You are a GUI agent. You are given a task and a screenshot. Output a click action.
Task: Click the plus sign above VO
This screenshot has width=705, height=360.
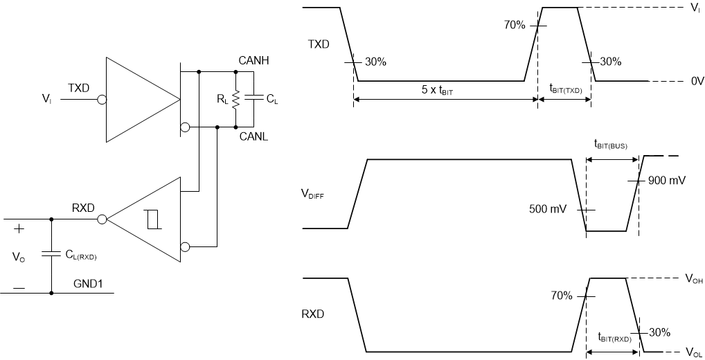pyautogui.click(x=19, y=229)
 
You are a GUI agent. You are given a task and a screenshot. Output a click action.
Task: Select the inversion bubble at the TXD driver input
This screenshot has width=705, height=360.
pyautogui.click(x=102, y=99)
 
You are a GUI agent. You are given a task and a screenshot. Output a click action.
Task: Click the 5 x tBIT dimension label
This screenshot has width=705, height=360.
pyautogui.click(x=443, y=90)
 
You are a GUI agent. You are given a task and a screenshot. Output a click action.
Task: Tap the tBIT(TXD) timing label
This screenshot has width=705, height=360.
pyautogui.click(x=565, y=89)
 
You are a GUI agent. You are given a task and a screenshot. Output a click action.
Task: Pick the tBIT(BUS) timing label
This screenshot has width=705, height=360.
pyautogui.click(x=611, y=145)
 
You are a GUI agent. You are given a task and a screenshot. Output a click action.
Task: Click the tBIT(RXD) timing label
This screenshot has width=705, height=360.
pyautogui.click(x=614, y=339)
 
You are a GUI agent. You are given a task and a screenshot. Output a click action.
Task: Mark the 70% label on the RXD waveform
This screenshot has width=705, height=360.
pyautogui.click(x=562, y=296)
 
